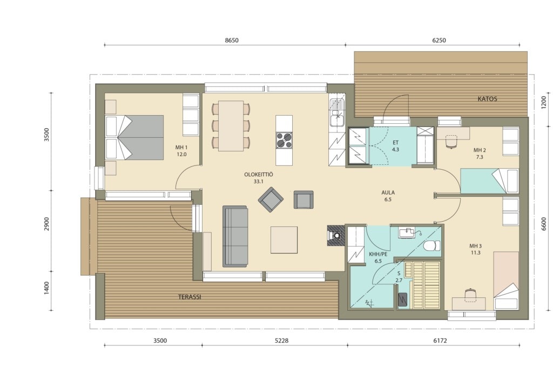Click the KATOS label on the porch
coord(487,99)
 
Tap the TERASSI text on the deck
coord(190,297)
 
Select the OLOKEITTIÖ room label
coord(259,175)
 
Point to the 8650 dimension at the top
coord(232,40)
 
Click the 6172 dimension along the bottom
coord(440,341)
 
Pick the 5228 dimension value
coord(281,341)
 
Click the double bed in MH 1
coord(134,137)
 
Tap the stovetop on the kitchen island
coord(284,139)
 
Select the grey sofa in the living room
coord(235,236)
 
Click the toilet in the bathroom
coord(431,245)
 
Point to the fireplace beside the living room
coord(336,236)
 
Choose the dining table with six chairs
coord(231,126)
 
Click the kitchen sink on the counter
coord(337,113)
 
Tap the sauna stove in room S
coord(402,300)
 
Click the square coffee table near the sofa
coord(284,240)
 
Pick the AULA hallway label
coord(388,192)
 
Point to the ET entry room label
coord(395,143)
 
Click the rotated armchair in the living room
coord(271,199)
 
